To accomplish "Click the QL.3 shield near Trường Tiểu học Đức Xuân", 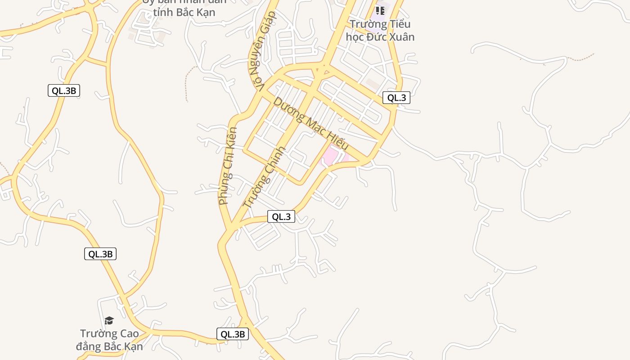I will click(396, 98).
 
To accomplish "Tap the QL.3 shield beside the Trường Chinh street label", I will click(281, 216).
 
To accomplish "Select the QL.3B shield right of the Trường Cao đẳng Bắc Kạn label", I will click(233, 334).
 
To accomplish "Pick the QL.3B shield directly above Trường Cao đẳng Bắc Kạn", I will click(100, 254).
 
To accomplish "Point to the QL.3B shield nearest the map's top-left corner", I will click(64, 90).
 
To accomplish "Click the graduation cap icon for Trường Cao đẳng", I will click(109, 320).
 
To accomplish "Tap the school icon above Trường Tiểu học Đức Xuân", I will click(380, 10).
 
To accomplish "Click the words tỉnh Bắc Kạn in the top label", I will click(184, 12).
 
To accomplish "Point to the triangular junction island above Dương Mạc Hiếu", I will click(321, 70).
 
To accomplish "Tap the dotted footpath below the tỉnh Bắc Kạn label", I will click(187, 83).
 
